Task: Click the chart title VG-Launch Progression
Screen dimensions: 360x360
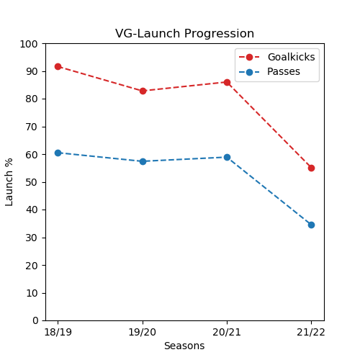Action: click(x=184, y=34)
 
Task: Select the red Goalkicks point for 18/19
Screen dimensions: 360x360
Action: click(x=58, y=66)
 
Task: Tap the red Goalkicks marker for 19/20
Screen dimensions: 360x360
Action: click(x=143, y=91)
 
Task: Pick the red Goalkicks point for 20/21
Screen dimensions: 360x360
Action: click(x=227, y=82)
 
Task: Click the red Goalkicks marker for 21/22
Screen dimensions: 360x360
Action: click(x=311, y=168)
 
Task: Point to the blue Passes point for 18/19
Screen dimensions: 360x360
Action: click(x=58, y=153)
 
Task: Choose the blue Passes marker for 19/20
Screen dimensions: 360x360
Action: click(x=143, y=161)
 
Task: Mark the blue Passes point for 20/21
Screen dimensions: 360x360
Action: click(x=227, y=157)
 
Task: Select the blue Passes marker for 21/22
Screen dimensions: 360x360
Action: click(x=311, y=225)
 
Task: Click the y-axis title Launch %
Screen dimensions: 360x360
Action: click(x=9, y=181)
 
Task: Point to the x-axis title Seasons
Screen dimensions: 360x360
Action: click(x=184, y=346)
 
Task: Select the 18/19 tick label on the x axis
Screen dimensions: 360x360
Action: click(x=58, y=332)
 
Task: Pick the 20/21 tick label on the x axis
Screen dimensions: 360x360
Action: click(x=227, y=332)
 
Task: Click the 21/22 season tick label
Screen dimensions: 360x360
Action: click(x=311, y=332)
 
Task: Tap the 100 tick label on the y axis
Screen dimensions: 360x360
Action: click(x=29, y=44)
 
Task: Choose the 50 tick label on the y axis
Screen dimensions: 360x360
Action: click(x=32, y=182)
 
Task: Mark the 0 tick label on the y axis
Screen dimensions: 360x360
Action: click(x=35, y=320)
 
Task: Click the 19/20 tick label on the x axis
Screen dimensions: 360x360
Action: click(x=143, y=332)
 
